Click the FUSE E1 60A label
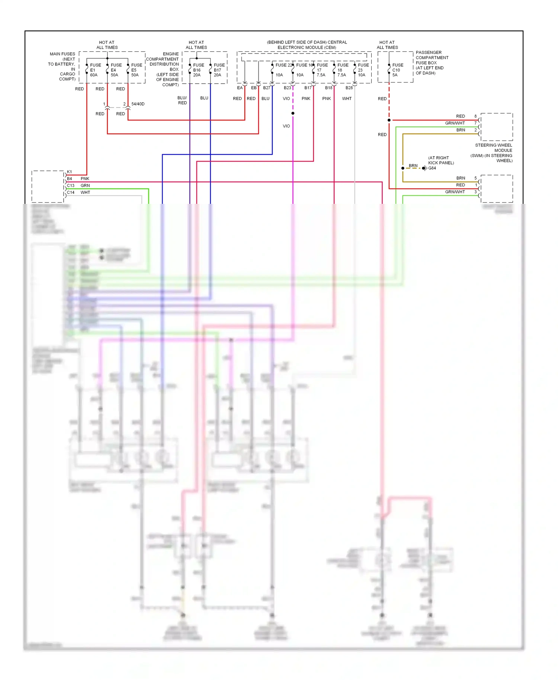coord(95,70)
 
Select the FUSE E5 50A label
coord(137,70)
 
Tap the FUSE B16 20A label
coord(198,70)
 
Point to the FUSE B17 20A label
coord(219,70)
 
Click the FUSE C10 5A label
coord(397,70)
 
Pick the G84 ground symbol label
coord(432,168)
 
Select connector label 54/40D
coord(138,104)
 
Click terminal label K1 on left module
coord(69,172)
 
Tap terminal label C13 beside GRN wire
coord(71,186)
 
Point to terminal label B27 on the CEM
coord(267,88)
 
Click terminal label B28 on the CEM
coord(349,88)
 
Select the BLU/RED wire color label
coord(182,100)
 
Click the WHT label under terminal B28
coord(347,99)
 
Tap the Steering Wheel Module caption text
coord(493,153)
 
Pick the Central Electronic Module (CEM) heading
coord(307,45)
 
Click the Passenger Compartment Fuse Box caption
coord(432,62)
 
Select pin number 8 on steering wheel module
coord(475,116)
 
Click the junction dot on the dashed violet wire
coord(293,113)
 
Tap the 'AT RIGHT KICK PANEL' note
coord(441,160)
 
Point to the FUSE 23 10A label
coord(363,70)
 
